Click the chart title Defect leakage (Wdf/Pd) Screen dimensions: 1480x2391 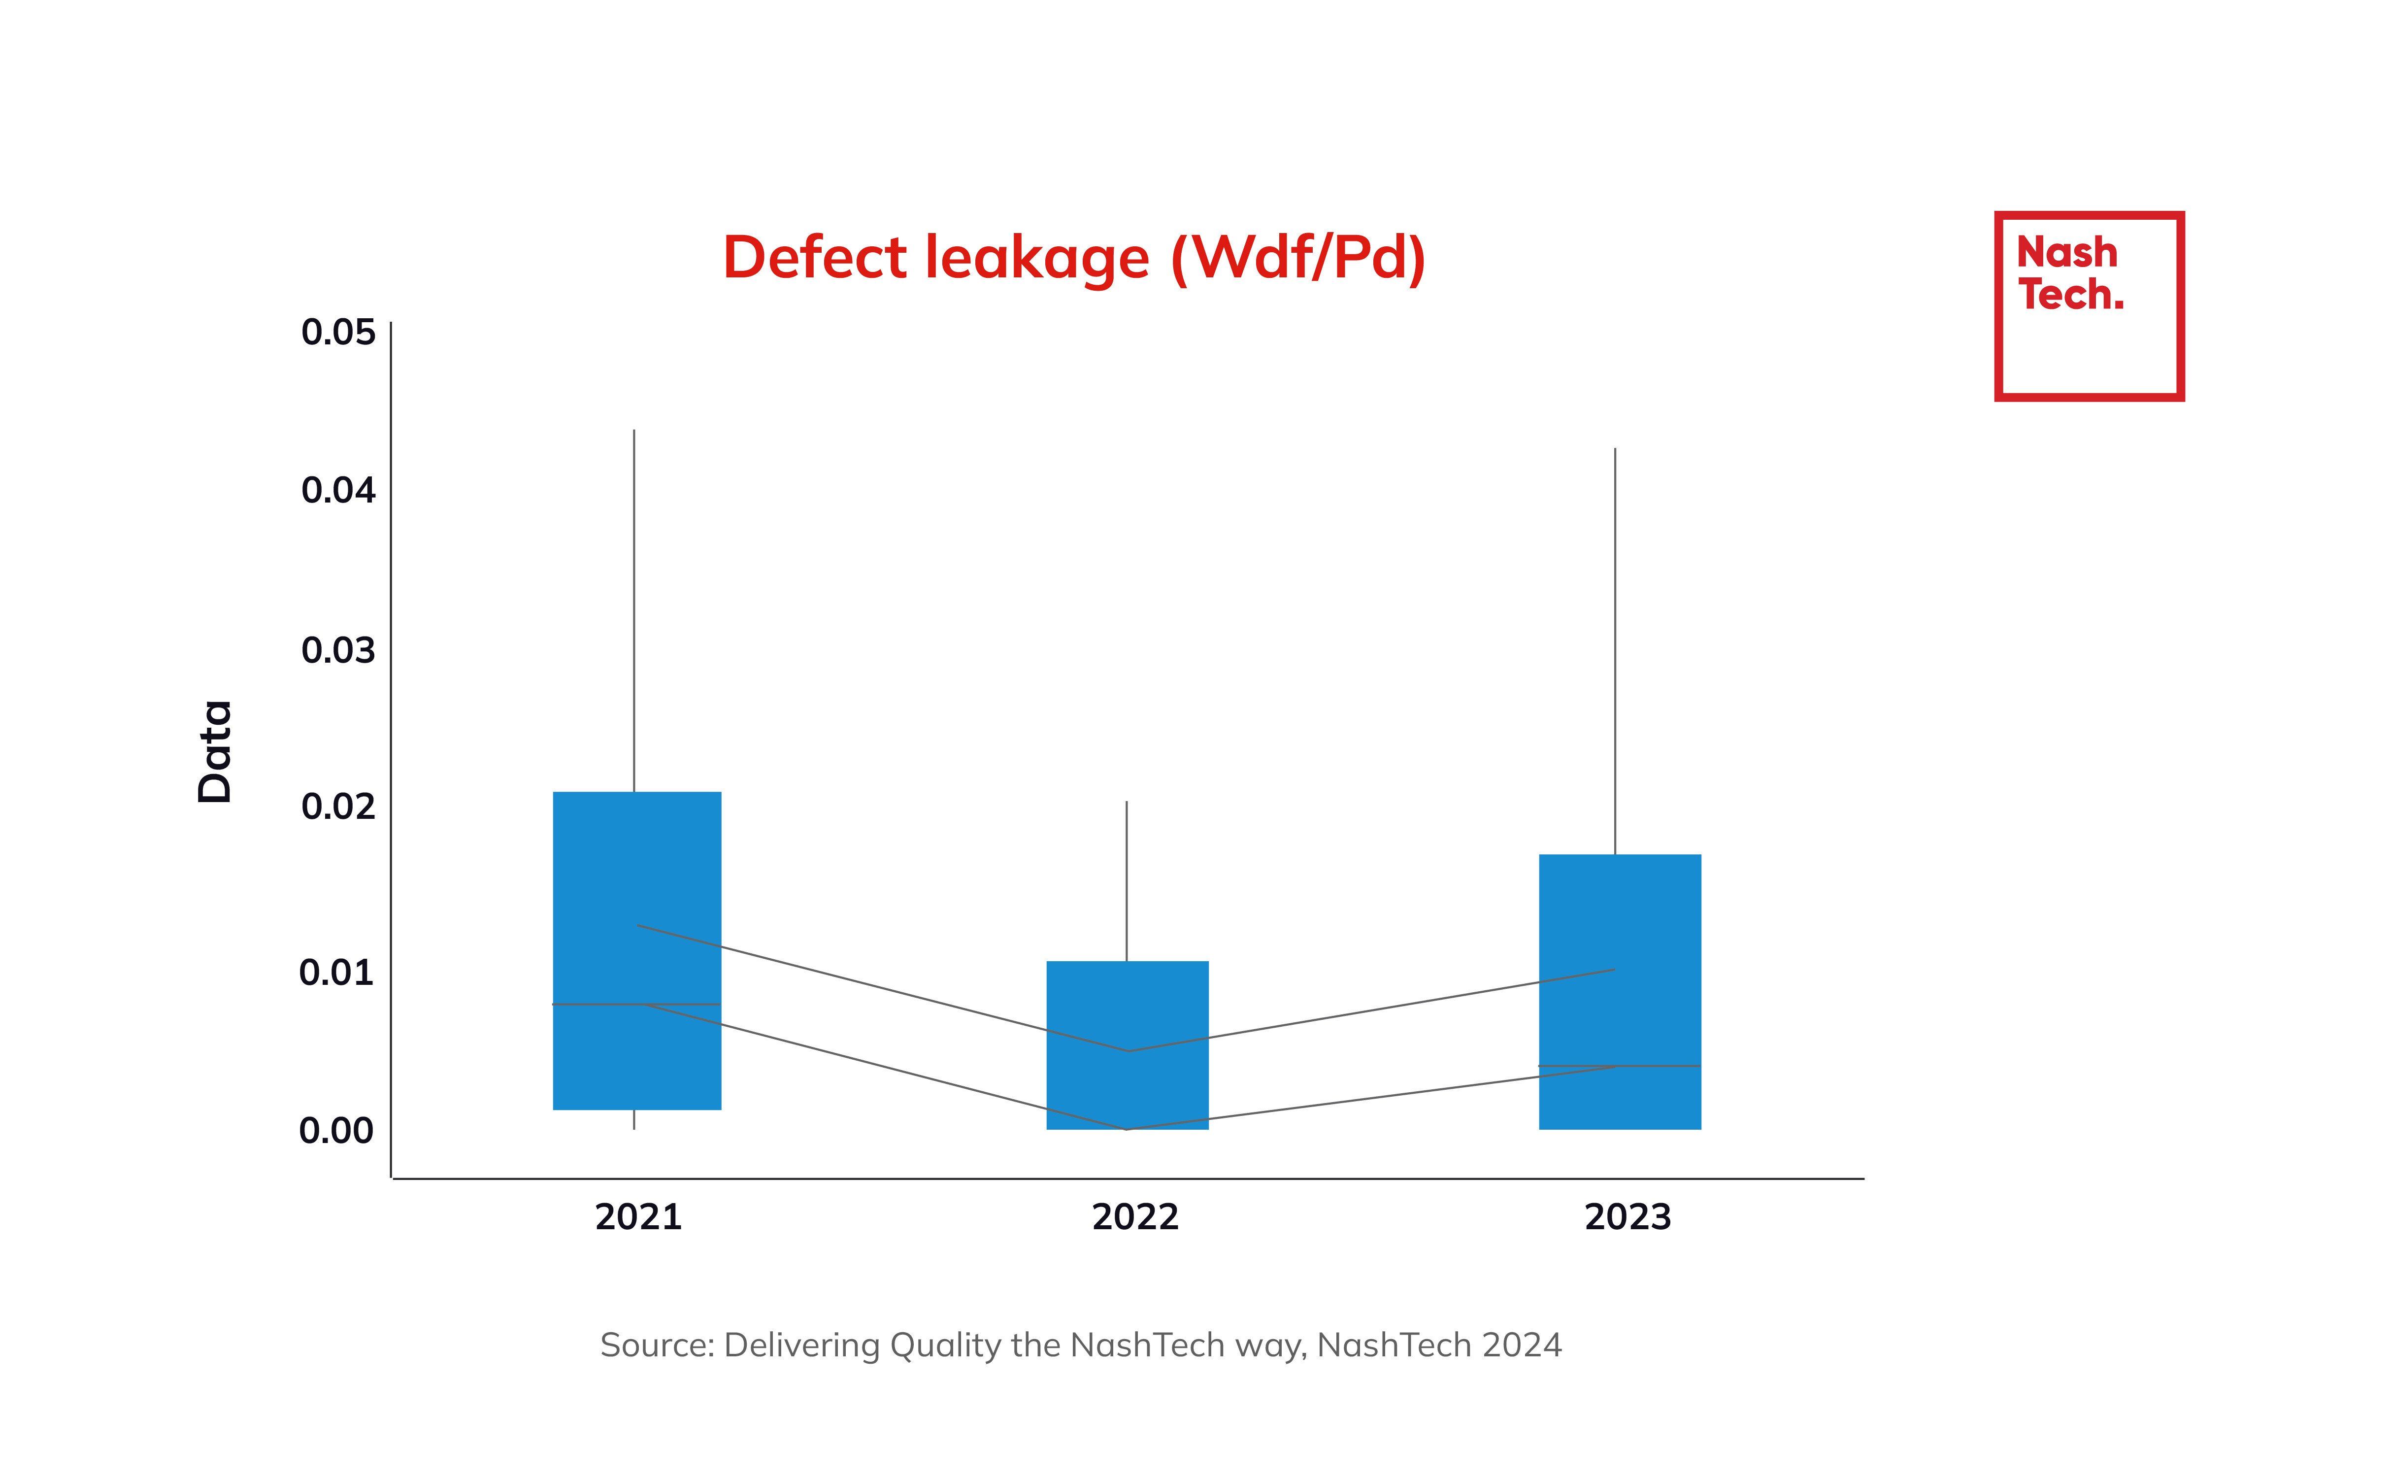click(1074, 259)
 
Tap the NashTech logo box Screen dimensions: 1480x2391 click(2089, 305)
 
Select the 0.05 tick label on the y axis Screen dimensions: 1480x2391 click(337, 333)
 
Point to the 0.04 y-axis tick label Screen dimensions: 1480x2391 click(337, 490)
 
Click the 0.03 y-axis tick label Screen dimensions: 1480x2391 click(337, 650)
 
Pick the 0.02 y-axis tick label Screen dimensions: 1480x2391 click(337, 807)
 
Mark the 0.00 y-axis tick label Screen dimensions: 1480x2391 click(336, 1131)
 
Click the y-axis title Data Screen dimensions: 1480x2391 click(215, 752)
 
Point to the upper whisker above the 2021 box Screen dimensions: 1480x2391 click(634, 607)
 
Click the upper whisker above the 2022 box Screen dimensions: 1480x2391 click(1127, 881)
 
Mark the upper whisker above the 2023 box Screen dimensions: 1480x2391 click(1615, 646)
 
